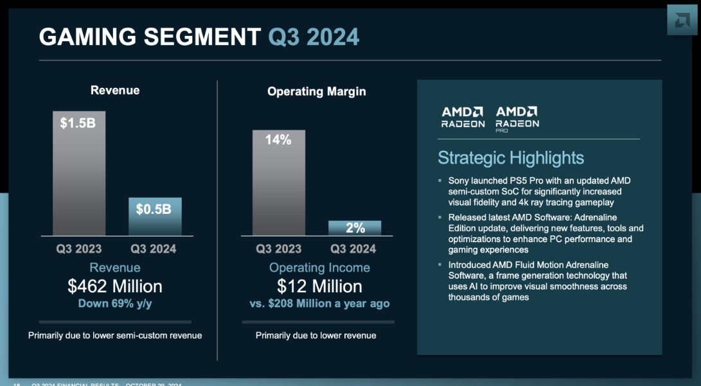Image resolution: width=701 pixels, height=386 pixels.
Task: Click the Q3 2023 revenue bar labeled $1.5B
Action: (x=79, y=173)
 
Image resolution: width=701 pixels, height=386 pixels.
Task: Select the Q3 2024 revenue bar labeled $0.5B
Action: (x=155, y=216)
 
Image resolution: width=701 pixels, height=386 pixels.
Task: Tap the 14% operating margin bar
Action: (x=278, y=183)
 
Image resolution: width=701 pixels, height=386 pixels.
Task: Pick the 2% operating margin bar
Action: (x=355, y=228)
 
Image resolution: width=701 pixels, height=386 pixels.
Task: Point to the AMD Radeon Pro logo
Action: (x=517, y=118)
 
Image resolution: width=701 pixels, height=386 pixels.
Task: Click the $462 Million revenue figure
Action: (x=115, y=286)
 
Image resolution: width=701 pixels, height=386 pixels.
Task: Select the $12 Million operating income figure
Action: (x=319, y=286)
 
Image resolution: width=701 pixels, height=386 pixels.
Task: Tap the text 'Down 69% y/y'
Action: (x=115, y=303)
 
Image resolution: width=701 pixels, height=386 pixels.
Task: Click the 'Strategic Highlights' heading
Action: (x=511, y=158)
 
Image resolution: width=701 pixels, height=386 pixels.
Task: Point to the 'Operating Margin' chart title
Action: (x=316, y=92)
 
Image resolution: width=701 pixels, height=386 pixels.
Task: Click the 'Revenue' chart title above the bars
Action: (x=115, y=91)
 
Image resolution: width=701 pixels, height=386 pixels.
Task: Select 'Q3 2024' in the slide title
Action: (x=314, y=37)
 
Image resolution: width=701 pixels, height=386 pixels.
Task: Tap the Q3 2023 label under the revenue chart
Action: (x=78, y=249)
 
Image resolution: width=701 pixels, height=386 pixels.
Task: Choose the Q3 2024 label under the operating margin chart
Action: (x=353, y=249)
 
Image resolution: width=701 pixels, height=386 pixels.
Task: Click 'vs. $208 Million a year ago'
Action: (x=319, y=304)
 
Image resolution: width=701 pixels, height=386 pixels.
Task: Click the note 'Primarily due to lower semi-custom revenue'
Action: (x=115, y=335)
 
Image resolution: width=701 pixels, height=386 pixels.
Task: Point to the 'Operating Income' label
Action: (x=319, y=268)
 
